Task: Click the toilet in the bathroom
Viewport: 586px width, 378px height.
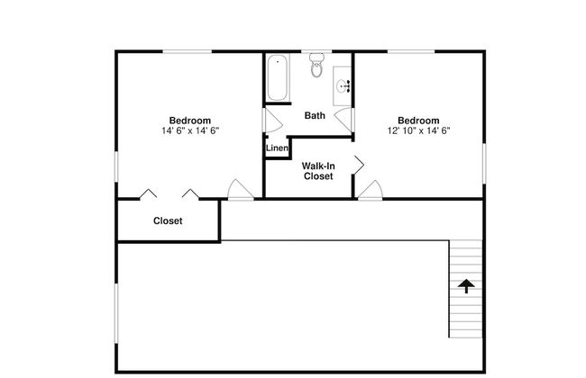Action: coord(316,65)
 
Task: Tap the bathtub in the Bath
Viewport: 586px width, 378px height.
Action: coord(278,77)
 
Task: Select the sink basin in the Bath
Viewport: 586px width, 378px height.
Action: coord(342,86)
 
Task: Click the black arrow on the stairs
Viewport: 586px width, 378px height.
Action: coord(466,286)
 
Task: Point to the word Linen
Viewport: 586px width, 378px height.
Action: coord(277,148)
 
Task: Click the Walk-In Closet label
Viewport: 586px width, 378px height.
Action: coord(318,171)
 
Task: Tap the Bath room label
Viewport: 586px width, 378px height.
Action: coord(315,115)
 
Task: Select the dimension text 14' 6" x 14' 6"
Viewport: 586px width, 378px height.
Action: coord(190,130)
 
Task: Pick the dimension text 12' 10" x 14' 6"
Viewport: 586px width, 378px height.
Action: coord(418,130)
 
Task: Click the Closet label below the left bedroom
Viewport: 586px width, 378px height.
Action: coord(168,220)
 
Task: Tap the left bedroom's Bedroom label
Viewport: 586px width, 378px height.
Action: coord(190,121)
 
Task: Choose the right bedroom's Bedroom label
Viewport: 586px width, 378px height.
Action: coord(418,121)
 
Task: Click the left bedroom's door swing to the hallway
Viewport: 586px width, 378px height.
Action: coord(240,190)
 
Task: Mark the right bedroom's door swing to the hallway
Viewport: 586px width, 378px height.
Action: coord(371,190)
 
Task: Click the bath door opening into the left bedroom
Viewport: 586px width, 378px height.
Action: coord(273,121)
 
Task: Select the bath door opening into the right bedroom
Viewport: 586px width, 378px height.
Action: coord(343,119)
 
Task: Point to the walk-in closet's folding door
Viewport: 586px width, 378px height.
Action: coord(359,165)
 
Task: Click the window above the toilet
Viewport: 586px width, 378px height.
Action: coord(316,51)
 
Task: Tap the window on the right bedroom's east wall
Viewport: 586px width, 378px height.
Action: coord(484,164)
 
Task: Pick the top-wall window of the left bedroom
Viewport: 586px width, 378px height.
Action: coord(188,51)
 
